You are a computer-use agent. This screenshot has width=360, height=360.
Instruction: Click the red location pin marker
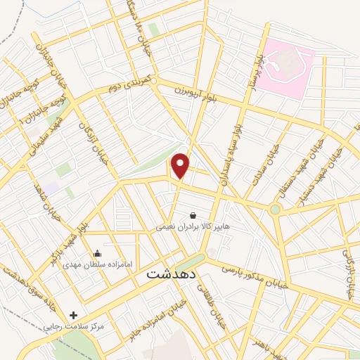pyautogui.click(x=181, y=165)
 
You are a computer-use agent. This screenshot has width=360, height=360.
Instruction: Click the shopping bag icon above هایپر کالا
pyautogui.click(x=193, y=215)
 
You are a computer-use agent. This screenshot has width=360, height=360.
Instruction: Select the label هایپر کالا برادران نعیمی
pyautogui.click(x=193, y=227)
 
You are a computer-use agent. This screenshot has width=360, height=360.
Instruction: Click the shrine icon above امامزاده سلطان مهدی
pyautogui.click(x=97, y=253)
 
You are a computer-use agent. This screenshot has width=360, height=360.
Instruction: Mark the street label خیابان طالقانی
pyautogui.click(x=209, y=301)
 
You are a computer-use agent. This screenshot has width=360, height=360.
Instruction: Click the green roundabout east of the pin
pyautogui.click(x=275, y=209)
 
